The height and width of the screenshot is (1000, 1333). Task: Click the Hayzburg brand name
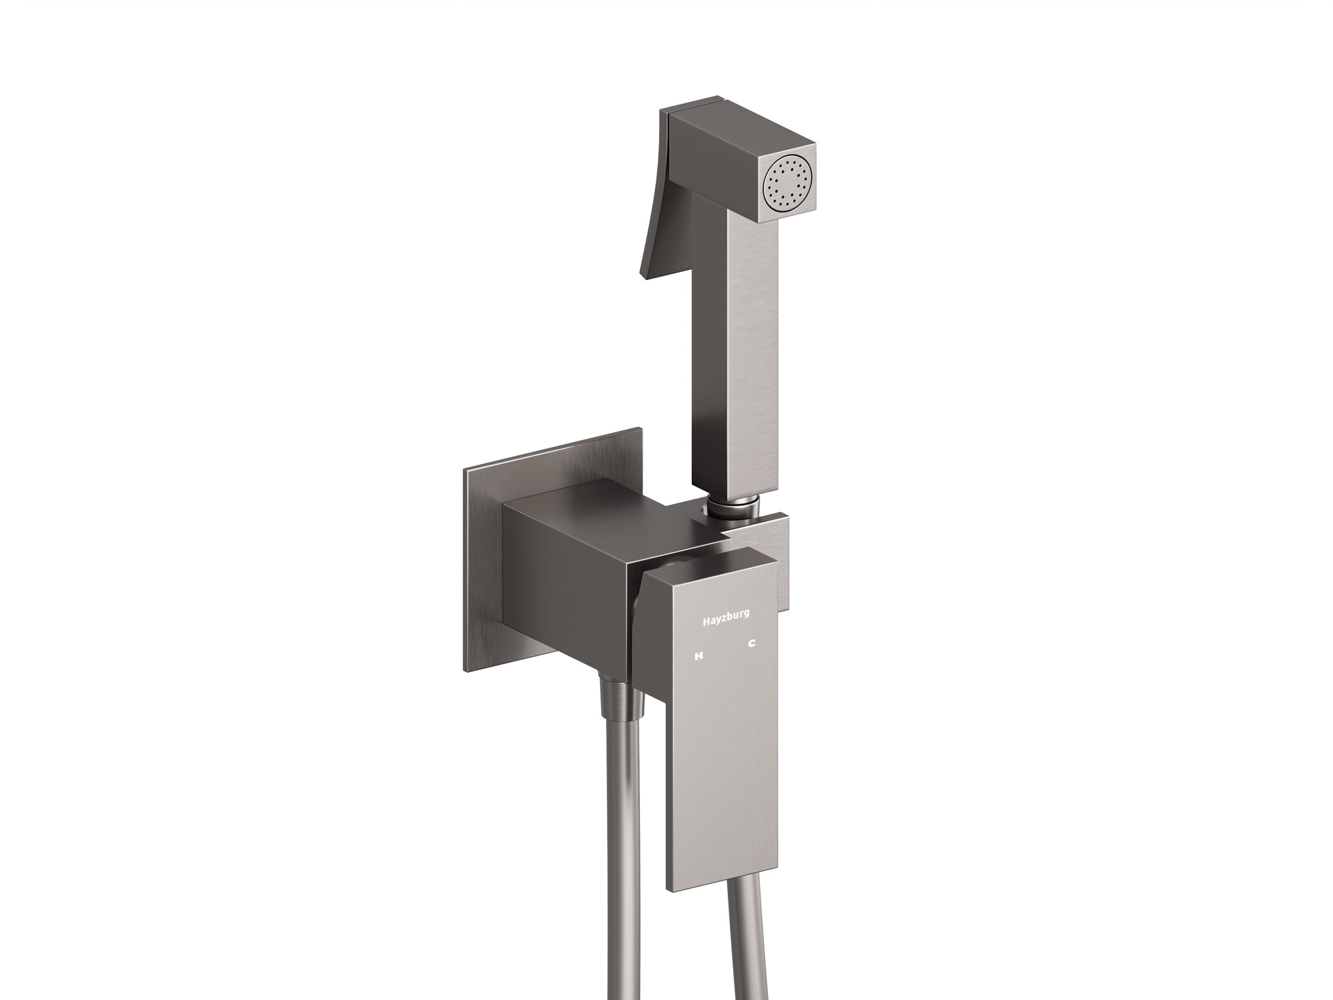(726, 621)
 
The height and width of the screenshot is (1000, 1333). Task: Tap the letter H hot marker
(699, 656)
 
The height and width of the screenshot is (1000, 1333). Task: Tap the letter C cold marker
(751, 644)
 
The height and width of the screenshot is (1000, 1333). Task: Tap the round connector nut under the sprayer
(731, 514)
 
